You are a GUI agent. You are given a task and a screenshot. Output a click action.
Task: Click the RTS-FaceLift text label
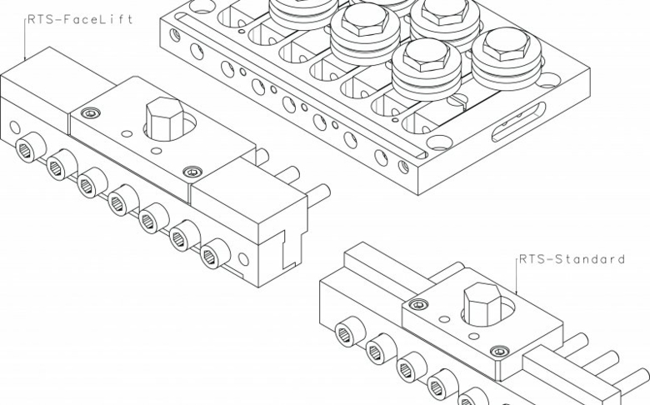[81, 19]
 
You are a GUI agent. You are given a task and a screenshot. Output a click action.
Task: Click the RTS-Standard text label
[572, 259]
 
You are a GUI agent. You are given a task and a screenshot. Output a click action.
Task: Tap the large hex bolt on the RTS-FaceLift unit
[164, 119]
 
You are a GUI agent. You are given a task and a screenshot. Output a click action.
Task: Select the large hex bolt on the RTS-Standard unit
[482, 304]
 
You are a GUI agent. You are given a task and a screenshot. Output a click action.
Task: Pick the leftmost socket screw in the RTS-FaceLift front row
[30, 148]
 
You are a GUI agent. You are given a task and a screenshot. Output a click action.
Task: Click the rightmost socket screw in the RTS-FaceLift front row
[215, 253]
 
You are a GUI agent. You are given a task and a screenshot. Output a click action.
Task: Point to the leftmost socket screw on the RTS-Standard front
[349, 332]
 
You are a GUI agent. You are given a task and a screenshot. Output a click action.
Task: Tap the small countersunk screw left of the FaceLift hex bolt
[91, 112]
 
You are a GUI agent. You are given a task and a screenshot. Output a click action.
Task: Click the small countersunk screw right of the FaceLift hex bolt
[192, 172]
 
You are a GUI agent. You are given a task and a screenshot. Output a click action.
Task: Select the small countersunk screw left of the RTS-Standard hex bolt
[418, 305]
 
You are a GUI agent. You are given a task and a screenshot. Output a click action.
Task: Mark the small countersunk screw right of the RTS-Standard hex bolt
[499, 352]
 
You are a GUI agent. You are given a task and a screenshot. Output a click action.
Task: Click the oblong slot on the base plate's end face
[518, 122]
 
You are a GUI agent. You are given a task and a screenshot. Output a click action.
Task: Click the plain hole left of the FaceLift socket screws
[14, 127]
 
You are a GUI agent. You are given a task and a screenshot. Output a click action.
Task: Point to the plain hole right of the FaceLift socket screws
[243, 259]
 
